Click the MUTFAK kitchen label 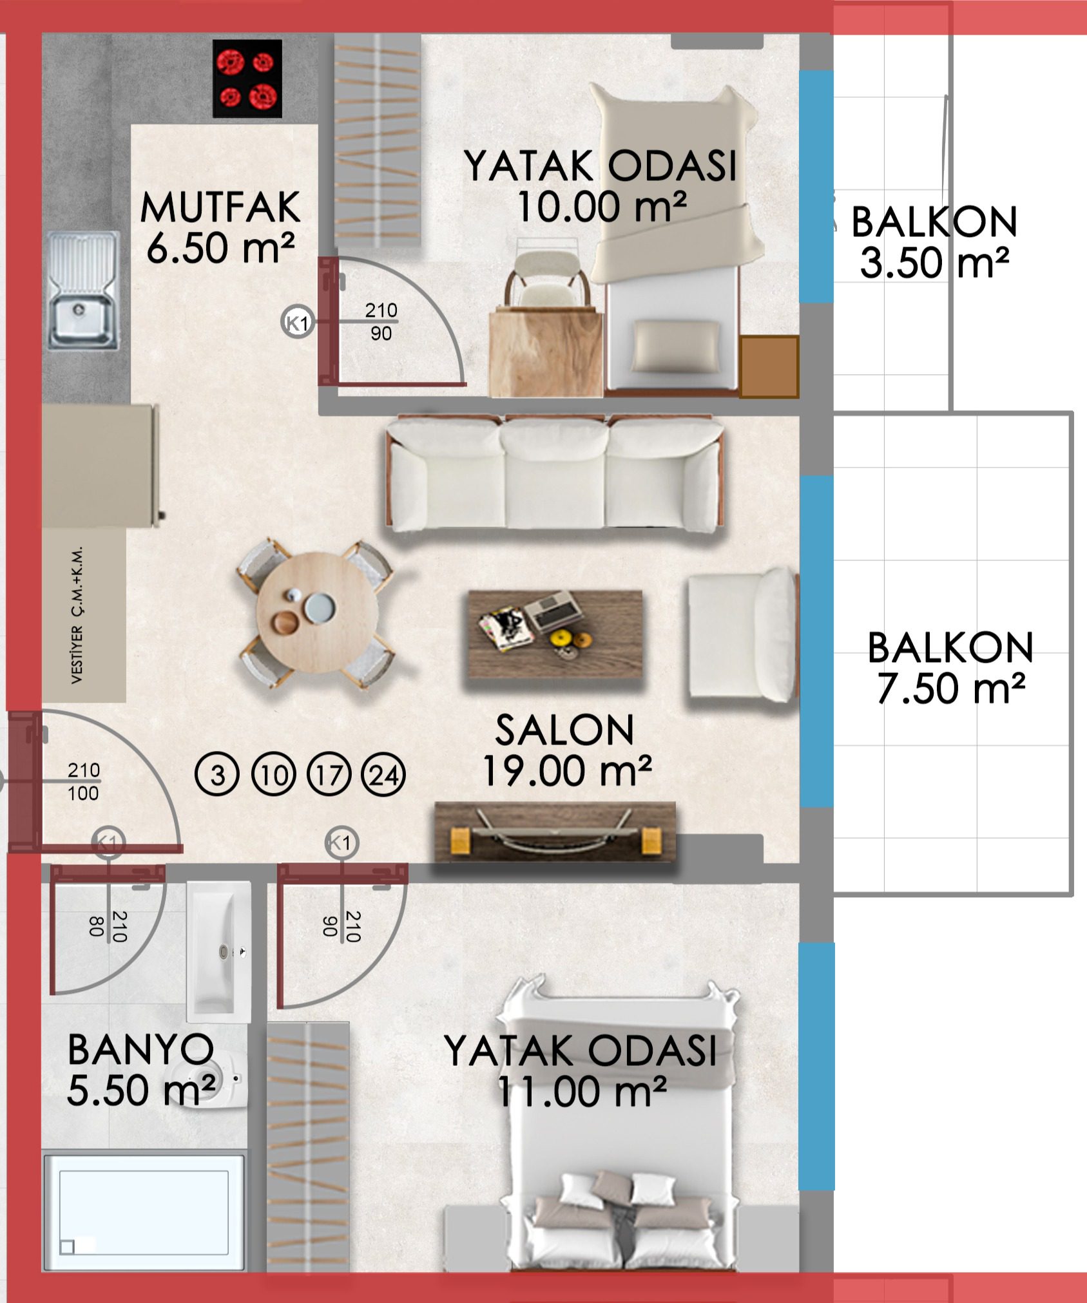(x=220, y=207)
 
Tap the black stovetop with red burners (x=247, y=79)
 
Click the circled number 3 (x=217, y=775)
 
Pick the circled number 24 (x=384, y=775)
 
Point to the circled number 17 (x=329, y=775)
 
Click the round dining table (x=317, y=613)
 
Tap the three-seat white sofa (x=555, y=473)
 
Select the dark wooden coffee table (x=555, y=634)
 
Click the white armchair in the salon (x=742, y=634)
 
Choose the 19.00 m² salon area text (x=567, y=771)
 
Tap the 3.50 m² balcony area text (x=934, y=263)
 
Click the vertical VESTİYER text (x=77, y=615)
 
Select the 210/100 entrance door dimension (x=84, y=781)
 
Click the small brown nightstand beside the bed (x=769, y=366)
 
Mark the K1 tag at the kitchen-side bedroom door (x=297, y=321)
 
